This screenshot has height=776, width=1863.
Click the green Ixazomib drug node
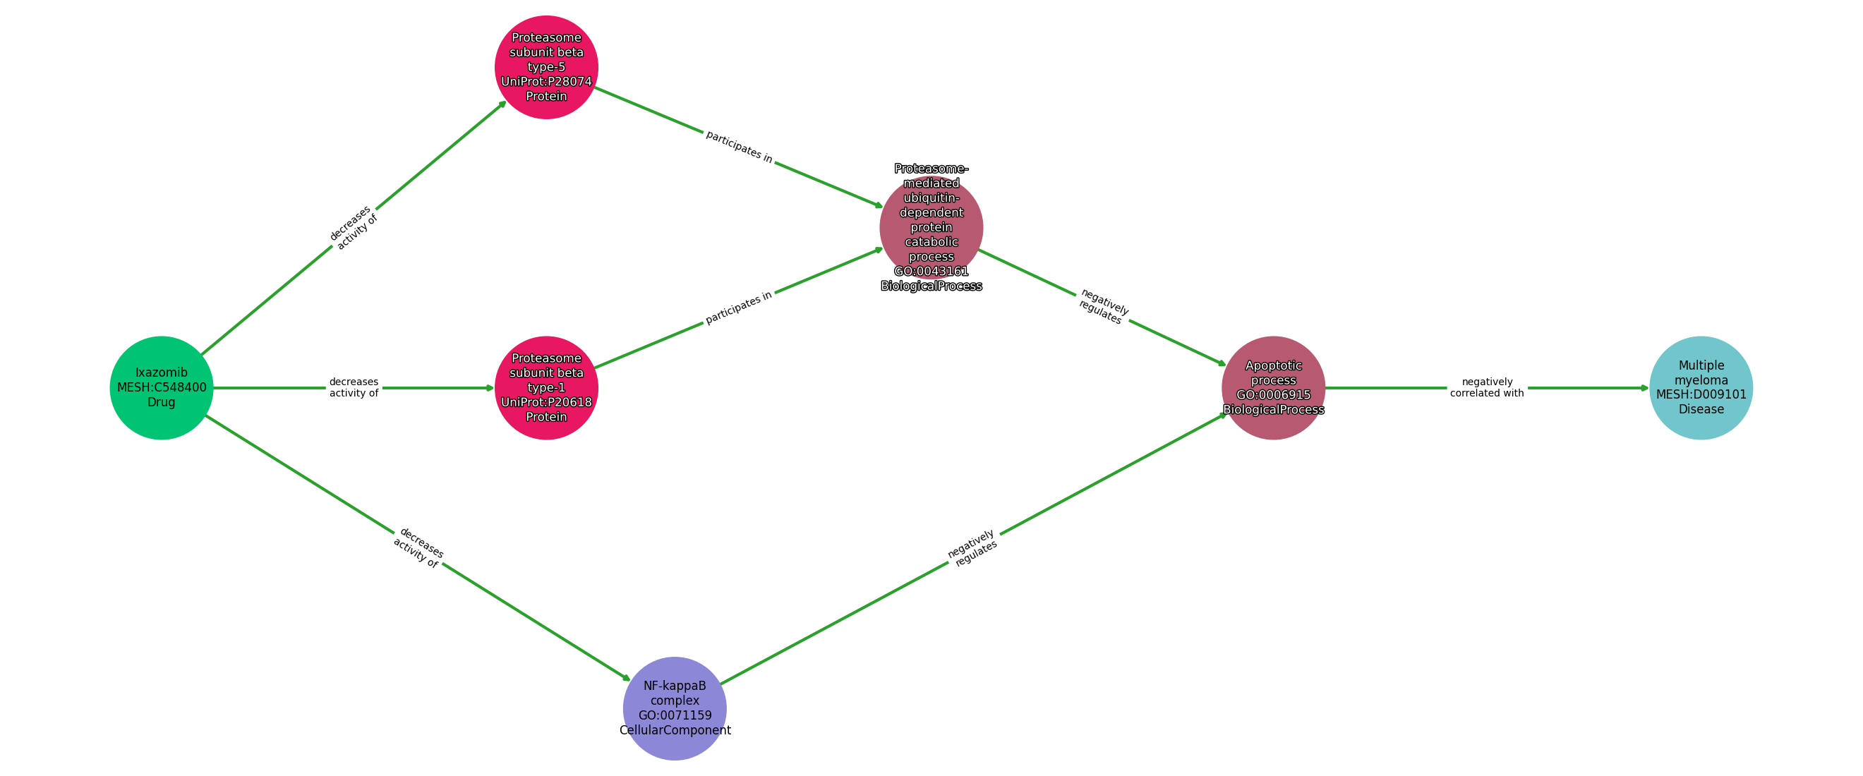162,387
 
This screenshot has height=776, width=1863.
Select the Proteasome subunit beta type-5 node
546,66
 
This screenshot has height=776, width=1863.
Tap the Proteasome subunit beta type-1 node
546,387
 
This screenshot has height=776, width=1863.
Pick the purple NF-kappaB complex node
674,708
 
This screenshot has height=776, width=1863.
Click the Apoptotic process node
1273,387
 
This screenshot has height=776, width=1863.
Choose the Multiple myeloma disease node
1700,387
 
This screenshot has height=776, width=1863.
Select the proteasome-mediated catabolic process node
931,227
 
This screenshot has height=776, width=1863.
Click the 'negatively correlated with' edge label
1486,387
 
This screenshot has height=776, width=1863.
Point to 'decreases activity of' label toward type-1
354,387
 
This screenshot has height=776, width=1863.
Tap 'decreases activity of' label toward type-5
354,227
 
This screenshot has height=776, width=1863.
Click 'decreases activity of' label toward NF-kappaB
418,547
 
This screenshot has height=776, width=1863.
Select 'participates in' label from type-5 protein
738,147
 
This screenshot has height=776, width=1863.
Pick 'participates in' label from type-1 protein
738,308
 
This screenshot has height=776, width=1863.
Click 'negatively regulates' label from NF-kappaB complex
972,548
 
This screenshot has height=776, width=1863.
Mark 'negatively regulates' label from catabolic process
1102,307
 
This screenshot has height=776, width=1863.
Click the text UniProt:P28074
546,82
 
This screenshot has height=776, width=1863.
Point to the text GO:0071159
674,715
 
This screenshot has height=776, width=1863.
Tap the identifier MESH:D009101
1700,395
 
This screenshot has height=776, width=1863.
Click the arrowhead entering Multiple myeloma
1644,387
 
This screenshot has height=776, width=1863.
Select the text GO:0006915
1273,395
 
